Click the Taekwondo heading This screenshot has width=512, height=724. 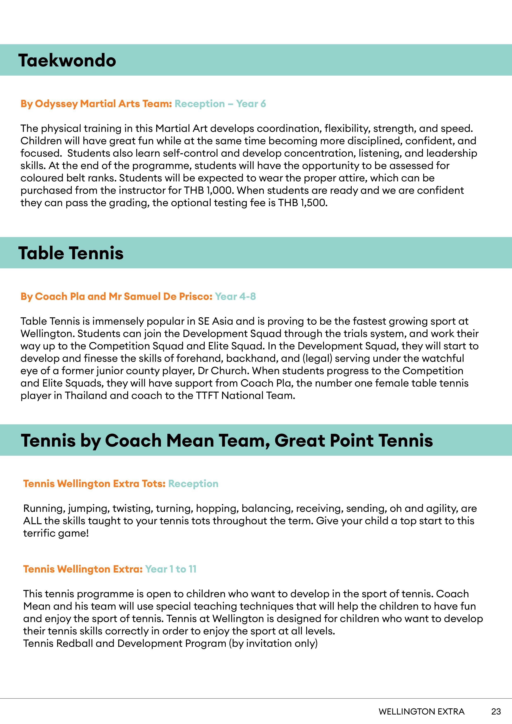pos(67,60)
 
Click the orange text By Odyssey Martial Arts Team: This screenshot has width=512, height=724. pos(96,104)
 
